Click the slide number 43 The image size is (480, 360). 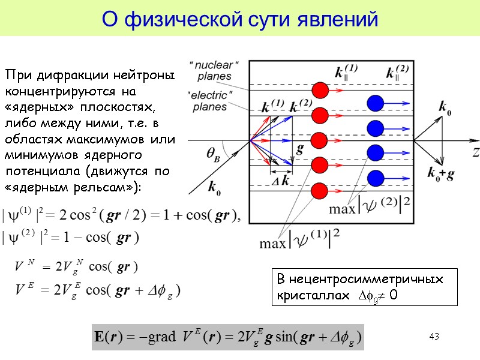[x=434, y=337]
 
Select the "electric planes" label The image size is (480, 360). [x=209, y=101]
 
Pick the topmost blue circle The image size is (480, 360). [x=376, y=103]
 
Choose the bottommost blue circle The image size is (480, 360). [x=376, y=178]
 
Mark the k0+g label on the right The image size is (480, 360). [x=440, y=173]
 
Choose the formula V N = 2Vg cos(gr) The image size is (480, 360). [x=77, y=266]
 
